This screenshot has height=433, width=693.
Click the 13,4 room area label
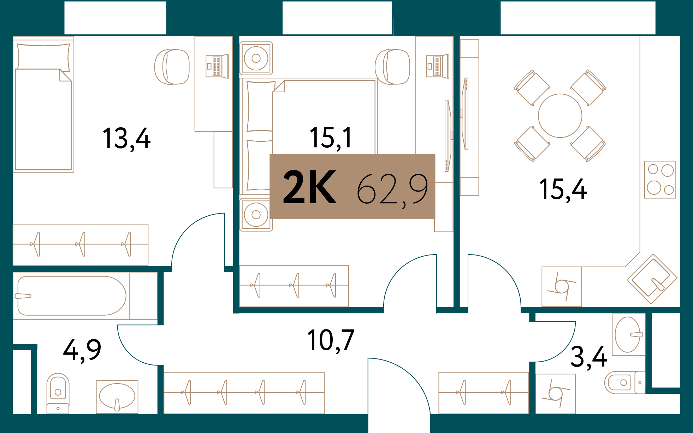126,139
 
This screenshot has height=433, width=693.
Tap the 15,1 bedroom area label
331,138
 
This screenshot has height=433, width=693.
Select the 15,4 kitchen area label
563,190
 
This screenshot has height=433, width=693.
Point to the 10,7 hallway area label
330,340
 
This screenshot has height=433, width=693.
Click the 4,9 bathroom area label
82,350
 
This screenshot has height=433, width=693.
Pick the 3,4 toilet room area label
588,357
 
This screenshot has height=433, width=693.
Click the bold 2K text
309,187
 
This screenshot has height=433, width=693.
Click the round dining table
560,116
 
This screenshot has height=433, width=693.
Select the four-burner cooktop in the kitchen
660,180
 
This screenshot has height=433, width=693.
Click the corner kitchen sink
652,279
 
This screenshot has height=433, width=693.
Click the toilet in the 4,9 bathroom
58,392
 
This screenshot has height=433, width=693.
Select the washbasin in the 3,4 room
628,334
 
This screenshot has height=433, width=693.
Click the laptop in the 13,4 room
217,66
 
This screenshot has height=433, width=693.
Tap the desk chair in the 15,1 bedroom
392,67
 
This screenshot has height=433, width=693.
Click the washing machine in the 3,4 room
555,393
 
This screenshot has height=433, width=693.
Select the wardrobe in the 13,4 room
81,245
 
